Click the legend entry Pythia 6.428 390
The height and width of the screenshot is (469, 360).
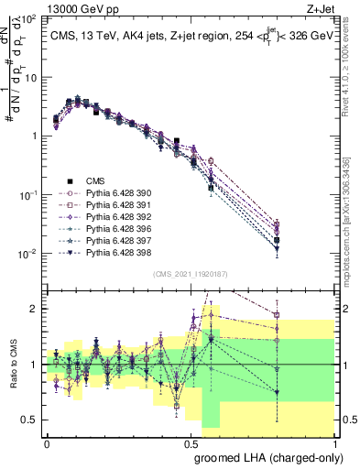click(x=115, y=194)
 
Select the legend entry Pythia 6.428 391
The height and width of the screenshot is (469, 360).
click(x=115, y=208)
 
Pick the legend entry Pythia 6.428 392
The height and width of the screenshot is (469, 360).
click(x=115, y=222)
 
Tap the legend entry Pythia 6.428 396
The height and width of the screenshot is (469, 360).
click(x=115, y=235)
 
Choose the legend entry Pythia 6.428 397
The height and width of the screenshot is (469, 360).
click(x=115, y=249)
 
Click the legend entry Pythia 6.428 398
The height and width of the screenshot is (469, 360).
click(x=115, y=263)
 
